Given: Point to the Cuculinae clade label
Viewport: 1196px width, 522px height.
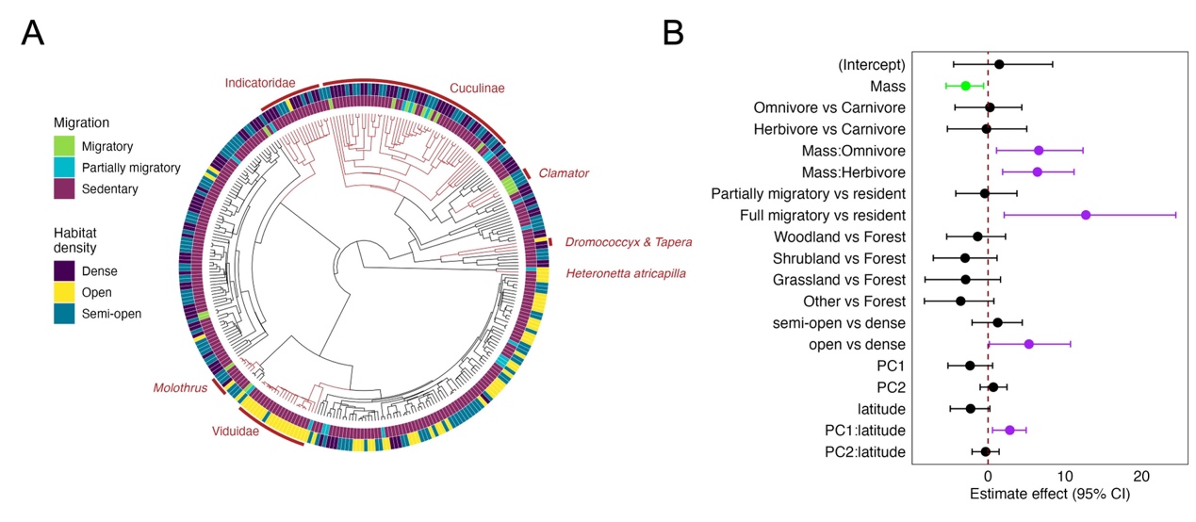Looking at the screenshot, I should [x=476, y=88].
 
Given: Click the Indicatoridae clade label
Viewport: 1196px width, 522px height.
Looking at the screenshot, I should [x=259, y=83].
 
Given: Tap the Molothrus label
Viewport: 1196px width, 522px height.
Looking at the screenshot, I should [x=180, y=388].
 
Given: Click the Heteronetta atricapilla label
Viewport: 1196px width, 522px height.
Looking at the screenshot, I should [x=626, y=273].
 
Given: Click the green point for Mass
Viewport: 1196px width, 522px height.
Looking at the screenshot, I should [x=965, y=86].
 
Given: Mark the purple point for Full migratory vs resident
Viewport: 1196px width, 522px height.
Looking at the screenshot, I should [x=1086, y=215].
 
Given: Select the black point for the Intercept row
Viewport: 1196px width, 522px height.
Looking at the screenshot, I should [x=999, y=64].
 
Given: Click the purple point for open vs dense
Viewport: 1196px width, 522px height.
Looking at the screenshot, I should [x=1028, y=344].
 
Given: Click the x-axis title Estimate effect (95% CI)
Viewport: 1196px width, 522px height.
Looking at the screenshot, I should [x=1049, y=493].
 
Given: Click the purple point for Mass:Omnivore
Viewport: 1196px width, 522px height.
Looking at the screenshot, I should [x=1039, y=151].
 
